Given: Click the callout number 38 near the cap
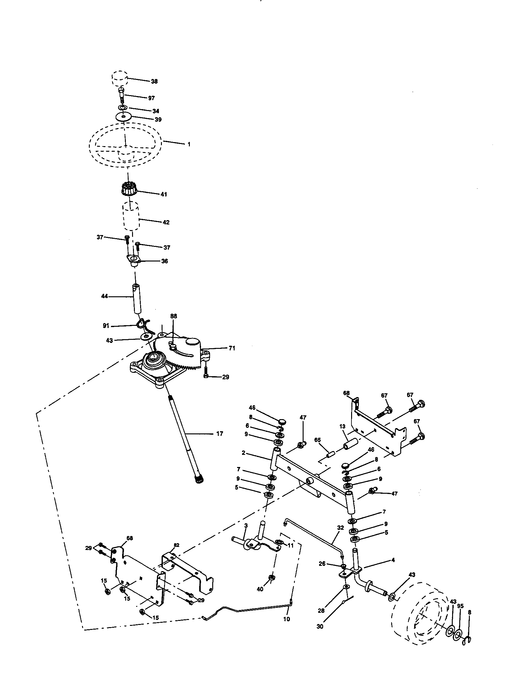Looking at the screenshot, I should (154, 81).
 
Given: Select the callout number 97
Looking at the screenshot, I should (151, 98).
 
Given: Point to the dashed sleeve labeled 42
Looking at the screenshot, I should (131, 216).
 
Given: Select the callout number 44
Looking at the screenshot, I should (104, 296).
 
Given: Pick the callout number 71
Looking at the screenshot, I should (231, 348).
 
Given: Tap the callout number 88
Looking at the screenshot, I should (174, 316).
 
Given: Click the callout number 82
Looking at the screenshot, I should (177, 545).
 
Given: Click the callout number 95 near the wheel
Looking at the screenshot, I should (460, 606).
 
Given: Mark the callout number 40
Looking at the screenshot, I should (260, 589).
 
